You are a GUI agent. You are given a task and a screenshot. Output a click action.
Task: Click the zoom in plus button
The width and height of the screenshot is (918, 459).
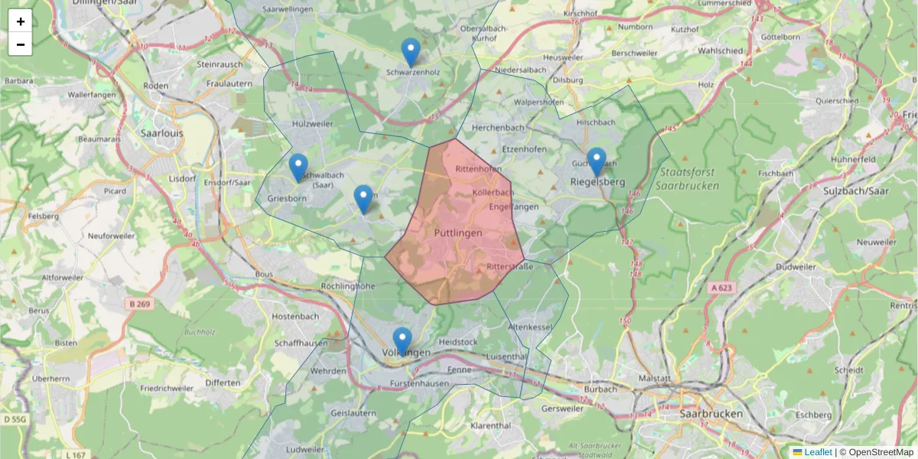pyautogui.click(x=21, y=21)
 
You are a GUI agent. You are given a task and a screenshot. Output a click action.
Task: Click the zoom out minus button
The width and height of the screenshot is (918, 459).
pyautogui.click(x=21, y=44)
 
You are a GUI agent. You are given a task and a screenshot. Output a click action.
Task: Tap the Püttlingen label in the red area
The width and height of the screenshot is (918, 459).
pyautogui.click(x=457, y=232)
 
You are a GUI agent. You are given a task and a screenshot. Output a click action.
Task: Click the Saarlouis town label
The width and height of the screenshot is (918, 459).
pyautogui.click(x=161, y=132)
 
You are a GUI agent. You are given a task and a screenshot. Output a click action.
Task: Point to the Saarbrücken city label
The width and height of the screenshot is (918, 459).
pyautogui.click(x=711, y=413)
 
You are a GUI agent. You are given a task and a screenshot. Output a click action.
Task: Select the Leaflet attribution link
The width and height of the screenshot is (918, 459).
pyautogui.click(x=818, y=452)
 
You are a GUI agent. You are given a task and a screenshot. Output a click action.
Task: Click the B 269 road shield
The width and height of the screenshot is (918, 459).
pyautogui.click(x=139, y=304)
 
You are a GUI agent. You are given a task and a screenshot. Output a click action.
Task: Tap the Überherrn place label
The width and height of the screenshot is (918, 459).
pyautogui.click(x=50, y=378)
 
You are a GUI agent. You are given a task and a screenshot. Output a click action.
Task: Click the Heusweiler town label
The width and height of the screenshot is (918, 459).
pyautogui.click(x=562, y=57)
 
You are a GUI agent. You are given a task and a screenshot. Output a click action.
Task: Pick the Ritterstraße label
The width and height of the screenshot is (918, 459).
pyautogui.click(x=509, y=267)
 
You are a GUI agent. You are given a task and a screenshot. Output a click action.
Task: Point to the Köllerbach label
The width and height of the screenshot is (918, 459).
pyautogui.click(x=493, y=192)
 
